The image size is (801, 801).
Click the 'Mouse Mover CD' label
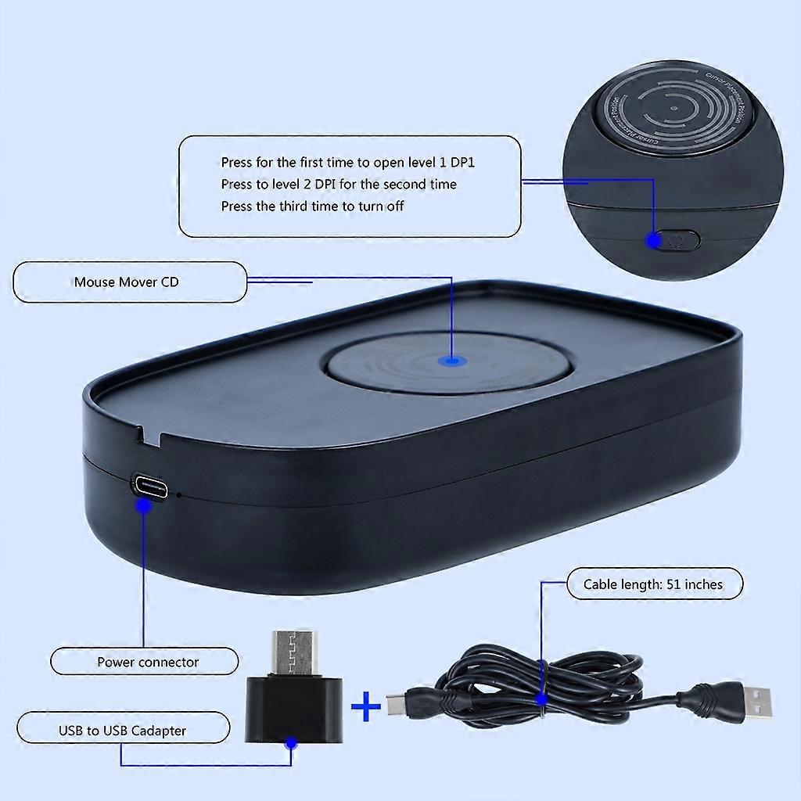point(126,282)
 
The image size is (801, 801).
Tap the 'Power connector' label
point(148,662)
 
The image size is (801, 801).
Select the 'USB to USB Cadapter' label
point(122,731)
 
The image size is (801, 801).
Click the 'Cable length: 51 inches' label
point(653,584)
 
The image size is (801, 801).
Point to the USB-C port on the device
point(148,485)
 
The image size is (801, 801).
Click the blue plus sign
point(365,708)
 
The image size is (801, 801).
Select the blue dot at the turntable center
point(451,361)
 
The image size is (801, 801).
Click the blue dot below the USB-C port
point(144,506)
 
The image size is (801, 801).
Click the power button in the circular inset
point(677,240)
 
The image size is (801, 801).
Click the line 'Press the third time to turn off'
point(312,207)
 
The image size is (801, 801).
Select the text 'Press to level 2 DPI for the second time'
point(339,185)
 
